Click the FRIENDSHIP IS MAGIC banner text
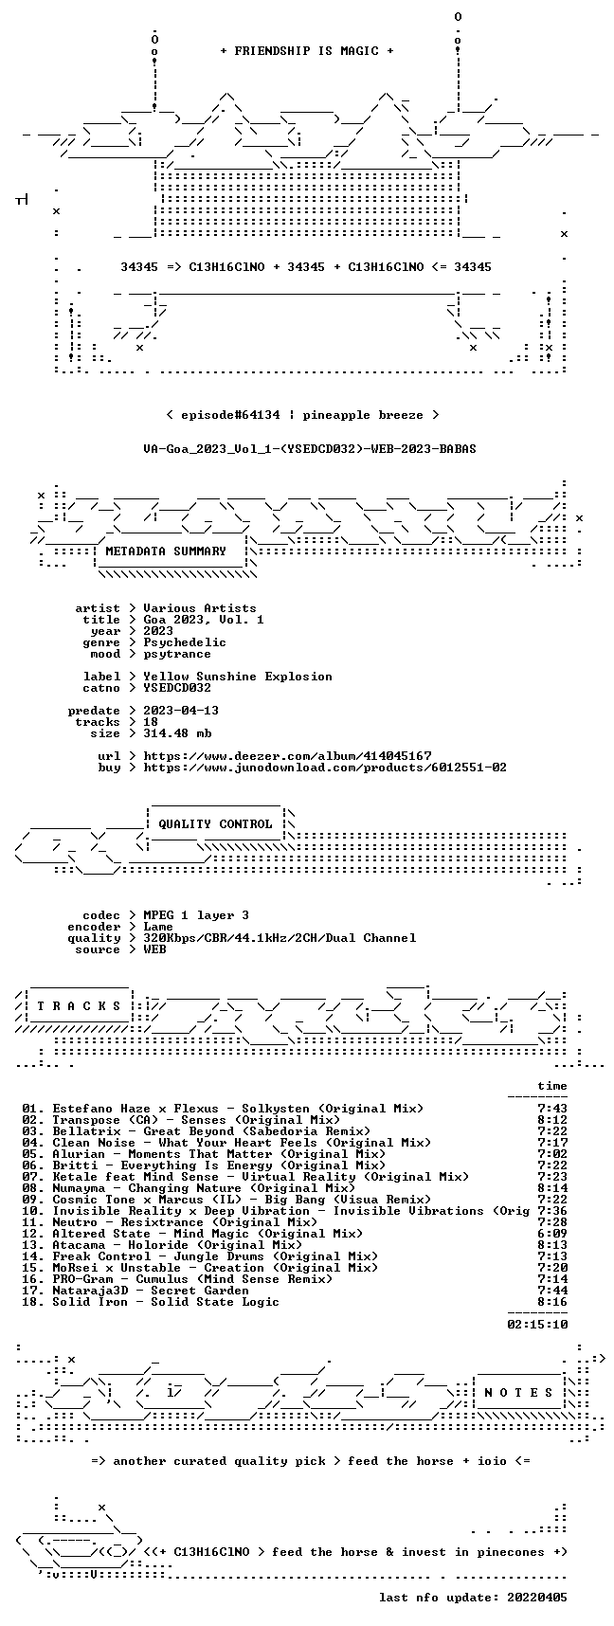pos(307,51)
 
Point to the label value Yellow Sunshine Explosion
pos(238,677)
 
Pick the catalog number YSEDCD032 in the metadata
pos(177,688)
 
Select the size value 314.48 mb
pos(177,733)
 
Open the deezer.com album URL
pos(287,756)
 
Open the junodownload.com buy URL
pos(325,768)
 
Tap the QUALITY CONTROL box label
pos(215,824)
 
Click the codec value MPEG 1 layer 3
pos(196,915)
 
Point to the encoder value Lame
pos(158,927)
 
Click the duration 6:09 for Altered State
pos(552,1234)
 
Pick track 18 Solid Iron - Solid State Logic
pos(151,1302)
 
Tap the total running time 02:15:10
pos(537,1325)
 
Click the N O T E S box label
pos(518,1393)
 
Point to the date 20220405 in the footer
pos(537,1598)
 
